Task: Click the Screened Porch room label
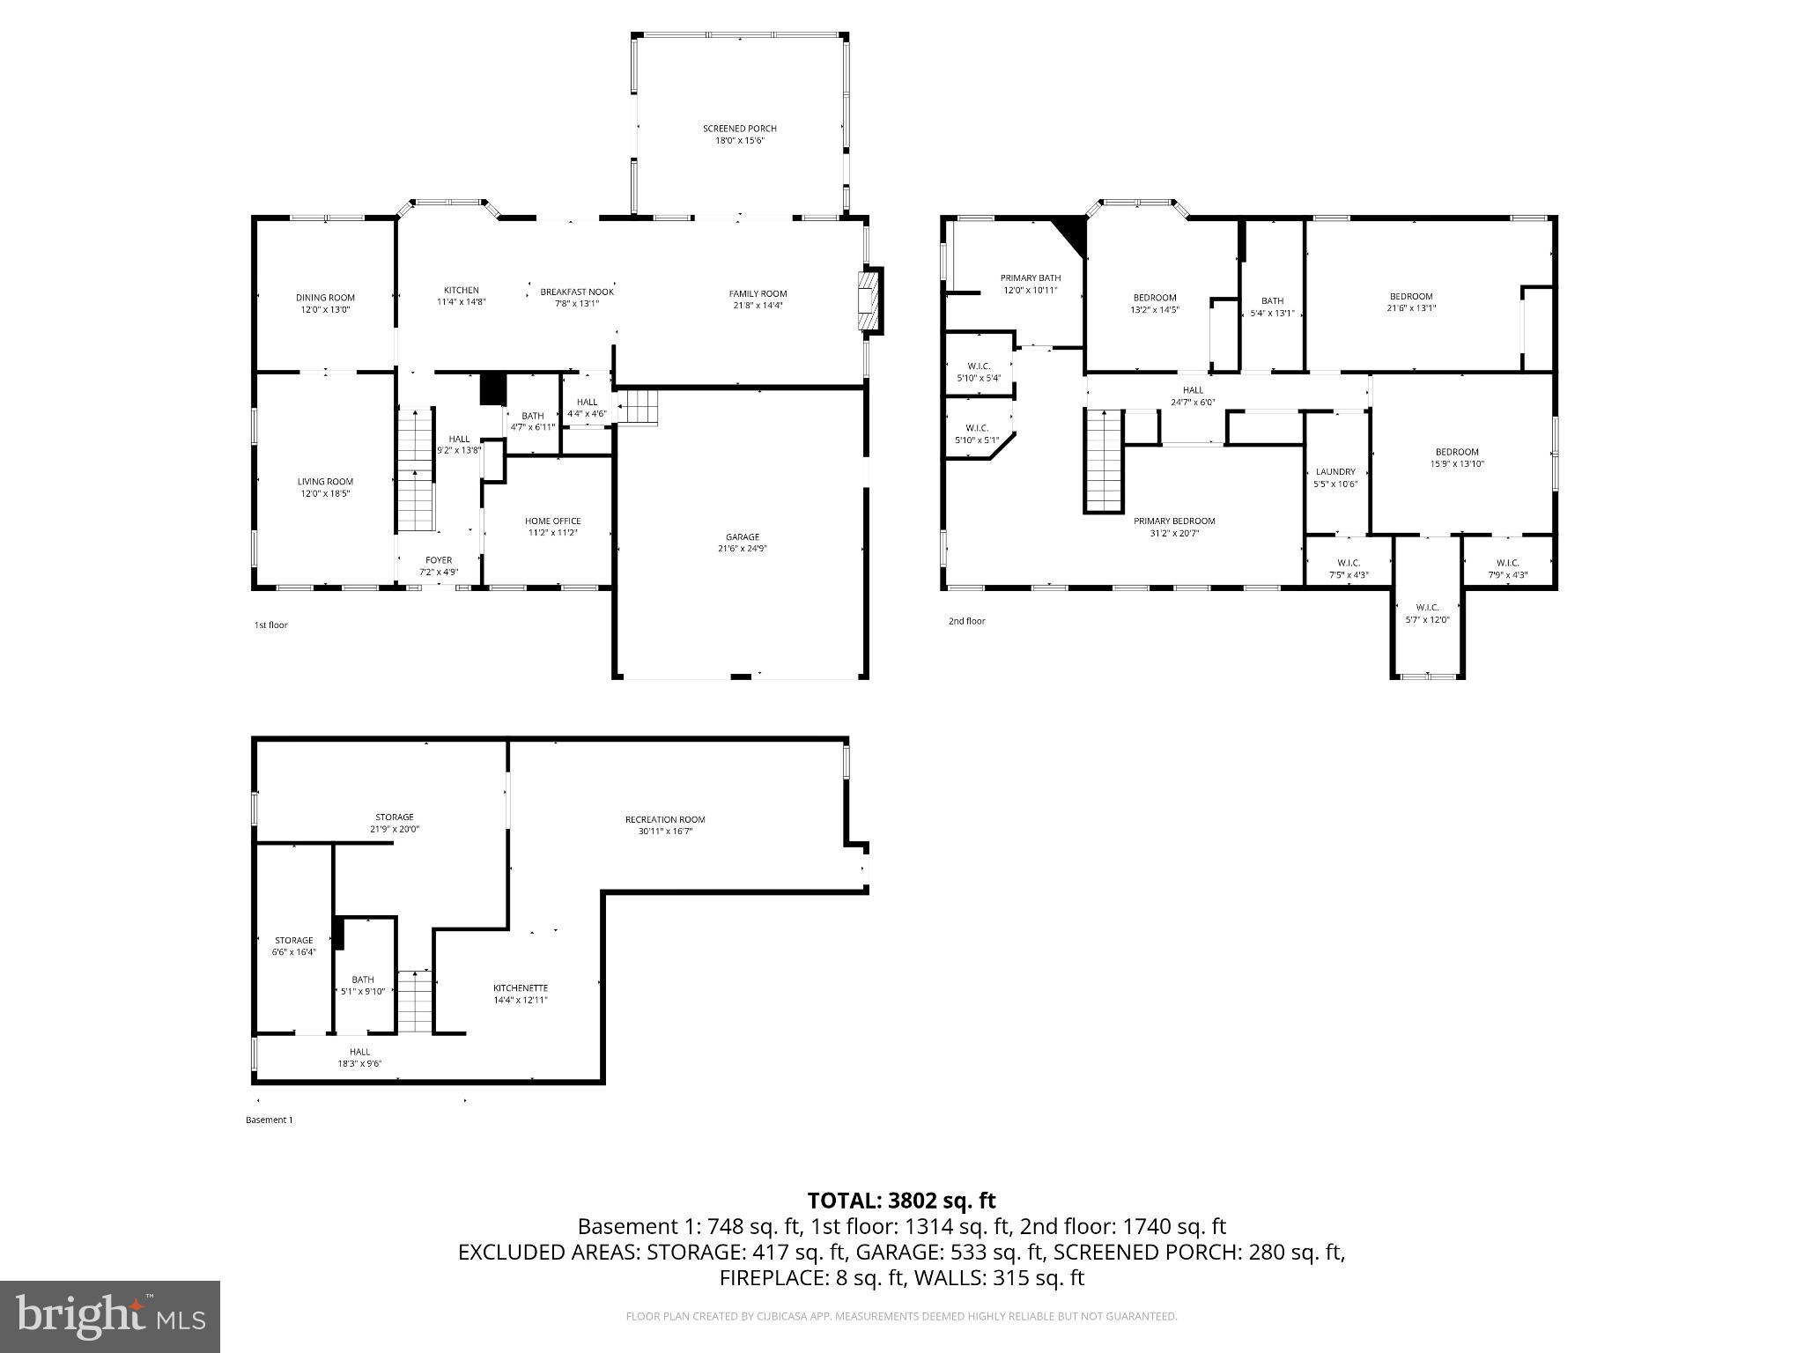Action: [x=739, y=129]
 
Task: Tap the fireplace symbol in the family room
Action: [x=870, y=301]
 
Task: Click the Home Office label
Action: [x=552, y=521]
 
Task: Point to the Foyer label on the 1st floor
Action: [x=438, y=560]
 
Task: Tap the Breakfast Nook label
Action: [x=576, y=292]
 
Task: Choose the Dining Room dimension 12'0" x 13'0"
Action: [x=324, y=310]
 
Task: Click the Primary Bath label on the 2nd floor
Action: [x=1030, y=278]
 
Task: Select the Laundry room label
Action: [x=1335, y=472]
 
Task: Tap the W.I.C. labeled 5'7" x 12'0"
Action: [x=1427, y=608]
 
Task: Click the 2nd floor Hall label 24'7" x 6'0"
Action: [x=1192, y=390]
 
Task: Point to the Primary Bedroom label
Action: [x=1173, y=521]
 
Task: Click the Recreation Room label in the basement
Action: [x=665, y=819]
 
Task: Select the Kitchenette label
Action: [x=520, y=988]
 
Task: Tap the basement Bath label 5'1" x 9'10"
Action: [x=362, y=980]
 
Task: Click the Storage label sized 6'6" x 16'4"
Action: [x=293, y=941]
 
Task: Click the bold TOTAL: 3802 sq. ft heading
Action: [x=901, y=1201]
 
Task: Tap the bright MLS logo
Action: [x=110, y=1316]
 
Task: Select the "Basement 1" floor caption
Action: [x=269, y=1120]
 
